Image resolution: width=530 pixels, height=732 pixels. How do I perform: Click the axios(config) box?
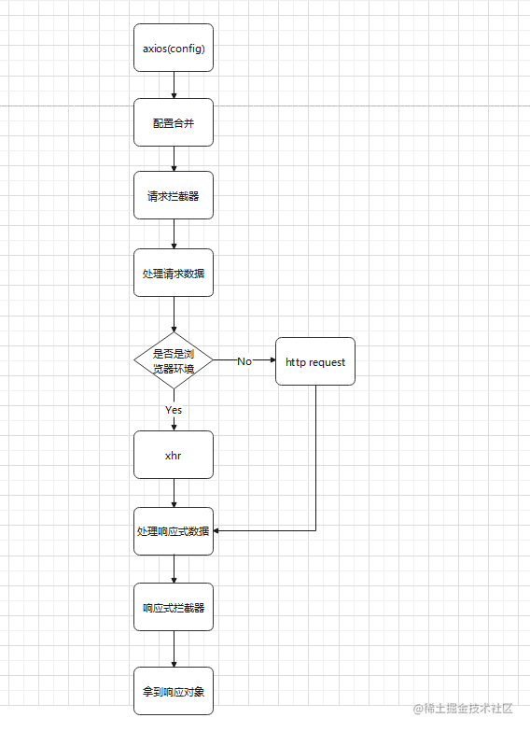[174, 48]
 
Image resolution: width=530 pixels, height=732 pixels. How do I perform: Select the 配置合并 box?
[174, 122]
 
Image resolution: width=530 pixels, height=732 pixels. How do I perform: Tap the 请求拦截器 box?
[174, 196]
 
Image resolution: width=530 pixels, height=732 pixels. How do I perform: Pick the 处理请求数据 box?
[174, 273]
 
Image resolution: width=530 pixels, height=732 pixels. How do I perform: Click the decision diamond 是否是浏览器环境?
[174, 360]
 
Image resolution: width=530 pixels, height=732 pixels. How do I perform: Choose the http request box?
[315, 361]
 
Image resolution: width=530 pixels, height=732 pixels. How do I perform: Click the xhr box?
[174, 455]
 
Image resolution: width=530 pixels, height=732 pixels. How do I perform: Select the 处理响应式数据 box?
[174, 531]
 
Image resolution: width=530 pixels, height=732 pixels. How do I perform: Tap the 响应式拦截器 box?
[174, 607]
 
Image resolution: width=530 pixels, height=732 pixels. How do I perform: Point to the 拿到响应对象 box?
[174, 691]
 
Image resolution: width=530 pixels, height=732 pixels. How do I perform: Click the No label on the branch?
[244, 361]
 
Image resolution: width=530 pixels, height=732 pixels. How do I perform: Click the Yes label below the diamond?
[174, 410]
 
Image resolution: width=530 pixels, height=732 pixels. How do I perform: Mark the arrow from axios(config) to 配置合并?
[174, 85]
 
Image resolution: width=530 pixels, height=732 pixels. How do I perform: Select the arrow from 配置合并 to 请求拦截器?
[174, 159]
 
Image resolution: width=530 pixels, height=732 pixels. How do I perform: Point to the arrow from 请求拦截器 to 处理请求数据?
[174, 234]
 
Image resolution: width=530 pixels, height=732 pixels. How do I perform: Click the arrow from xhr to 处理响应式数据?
[174, 494]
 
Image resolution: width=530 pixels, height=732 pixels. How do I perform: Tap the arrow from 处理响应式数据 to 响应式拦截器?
[174, 570]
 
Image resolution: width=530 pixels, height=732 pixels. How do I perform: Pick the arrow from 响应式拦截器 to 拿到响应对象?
[174, 649]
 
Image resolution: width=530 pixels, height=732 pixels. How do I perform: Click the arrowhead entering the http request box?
[271, 360]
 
